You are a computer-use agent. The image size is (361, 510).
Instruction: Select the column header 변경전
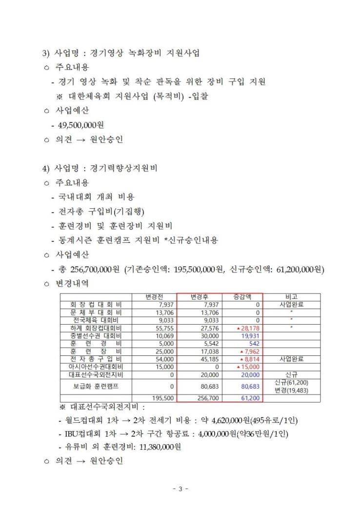tap(155, 296)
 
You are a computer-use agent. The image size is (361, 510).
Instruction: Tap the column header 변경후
tap(204, 296)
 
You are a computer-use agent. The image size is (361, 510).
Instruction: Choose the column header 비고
tap(291, 296)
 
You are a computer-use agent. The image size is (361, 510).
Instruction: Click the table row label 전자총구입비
tap(96, 359)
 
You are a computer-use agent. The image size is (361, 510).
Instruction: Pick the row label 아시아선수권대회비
tap(96, 367)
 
